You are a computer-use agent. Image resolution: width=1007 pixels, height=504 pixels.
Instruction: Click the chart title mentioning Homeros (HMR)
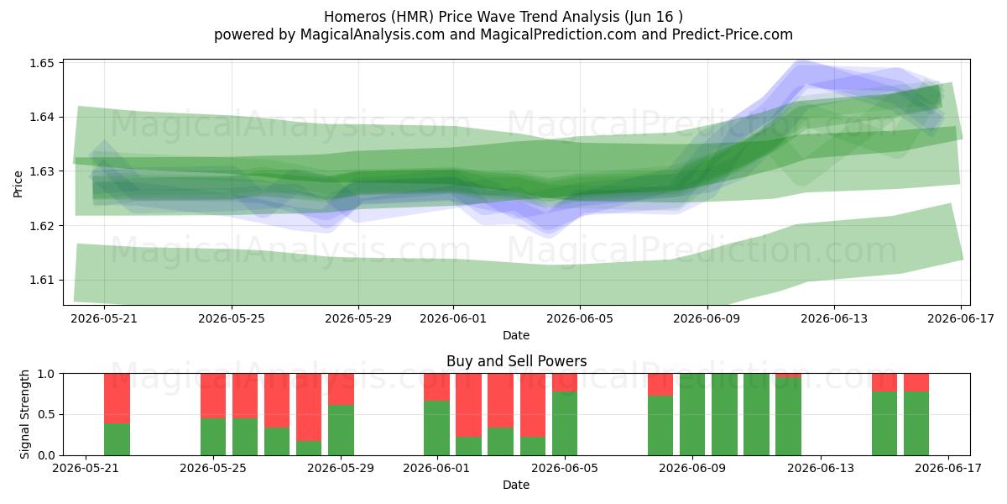(x=503, y=17)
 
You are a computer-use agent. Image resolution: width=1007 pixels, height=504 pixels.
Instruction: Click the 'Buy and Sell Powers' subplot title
(x=517, y=361)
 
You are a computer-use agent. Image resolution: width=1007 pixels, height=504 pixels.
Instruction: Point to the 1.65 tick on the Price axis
(x=42, y=63)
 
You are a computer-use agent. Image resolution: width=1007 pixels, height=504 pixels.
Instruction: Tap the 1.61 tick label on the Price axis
(x=42, y=280)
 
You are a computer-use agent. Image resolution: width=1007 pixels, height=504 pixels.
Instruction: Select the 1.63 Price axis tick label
(x=42, y=171)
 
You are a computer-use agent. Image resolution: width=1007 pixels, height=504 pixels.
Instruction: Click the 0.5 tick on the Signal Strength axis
(x=46, y=414)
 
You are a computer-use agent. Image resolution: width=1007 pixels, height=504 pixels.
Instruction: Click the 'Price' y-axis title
(x=18, y=184)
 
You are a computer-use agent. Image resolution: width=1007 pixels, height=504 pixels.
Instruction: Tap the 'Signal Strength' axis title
(x=24, y=414)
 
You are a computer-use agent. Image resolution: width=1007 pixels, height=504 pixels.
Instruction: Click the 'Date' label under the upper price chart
(x=516, y=335)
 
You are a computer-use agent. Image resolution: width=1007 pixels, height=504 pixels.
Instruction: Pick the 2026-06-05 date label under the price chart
(x=580, y=318)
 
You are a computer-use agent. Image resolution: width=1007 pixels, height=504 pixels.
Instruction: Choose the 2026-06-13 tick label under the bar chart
(x=821, y=468)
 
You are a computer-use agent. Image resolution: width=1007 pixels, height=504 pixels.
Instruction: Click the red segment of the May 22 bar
(x=117, y=399)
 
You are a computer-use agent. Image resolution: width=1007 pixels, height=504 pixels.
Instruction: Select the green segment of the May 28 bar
(x=309, y=448)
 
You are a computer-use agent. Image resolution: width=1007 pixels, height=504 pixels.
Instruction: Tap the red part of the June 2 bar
(x=468, y=406)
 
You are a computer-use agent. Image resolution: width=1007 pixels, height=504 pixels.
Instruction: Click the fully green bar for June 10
(x=724, y=414)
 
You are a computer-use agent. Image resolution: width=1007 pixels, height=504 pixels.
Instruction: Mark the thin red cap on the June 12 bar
(x=788, y=375)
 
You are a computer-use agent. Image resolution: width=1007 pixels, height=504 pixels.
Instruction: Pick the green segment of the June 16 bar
(x=916, y=423)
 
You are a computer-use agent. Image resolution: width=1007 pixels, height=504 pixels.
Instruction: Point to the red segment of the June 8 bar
(x=660, y=385)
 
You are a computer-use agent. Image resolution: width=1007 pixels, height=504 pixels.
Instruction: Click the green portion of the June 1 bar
(x=436, y=428)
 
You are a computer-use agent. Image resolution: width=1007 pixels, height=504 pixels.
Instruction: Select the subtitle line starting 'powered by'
(x=503, y=34)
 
